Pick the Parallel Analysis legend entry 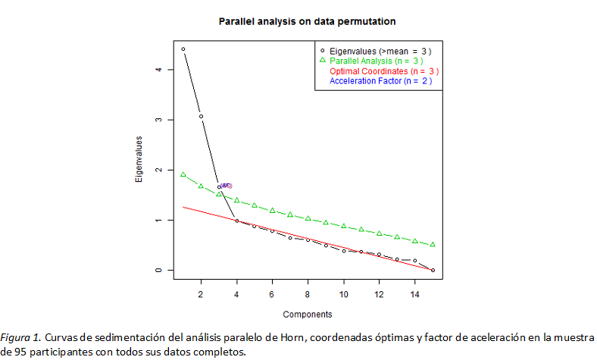(x=376, y=61)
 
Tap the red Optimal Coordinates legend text (x=384, y=70)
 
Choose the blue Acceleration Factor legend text (x=380, y=80)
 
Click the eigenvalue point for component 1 (x=183, y=49)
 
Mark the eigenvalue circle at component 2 (x=201, y=116)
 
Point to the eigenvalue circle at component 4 (x=236, y=221)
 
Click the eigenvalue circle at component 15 (x=433, y=270)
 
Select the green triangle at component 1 (x=183, y=174)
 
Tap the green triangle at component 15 (x=433, y=244)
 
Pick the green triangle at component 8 (x=308, y=218)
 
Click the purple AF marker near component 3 (x=226, y=186)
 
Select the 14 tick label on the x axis (x=414, y=293)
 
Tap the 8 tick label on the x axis (x=308, y=293)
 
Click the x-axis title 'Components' (x=307, y=314)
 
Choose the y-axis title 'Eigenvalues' (x=139, y=160)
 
